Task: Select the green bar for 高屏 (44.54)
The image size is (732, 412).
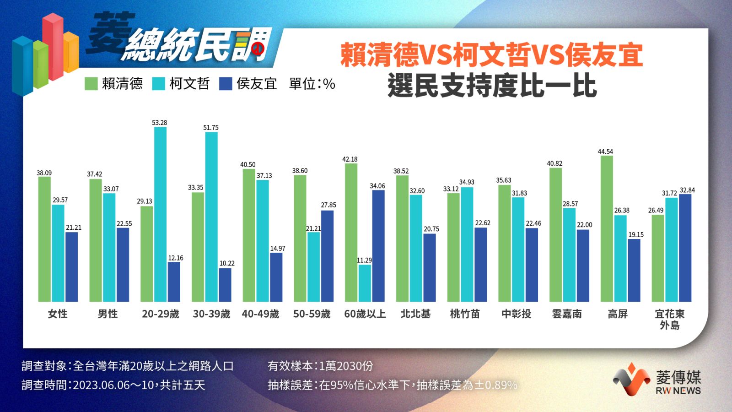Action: coord(607,229)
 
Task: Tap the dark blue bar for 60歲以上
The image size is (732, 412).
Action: coord(378,246)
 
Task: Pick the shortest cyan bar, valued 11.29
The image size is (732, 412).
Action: coord(365,283)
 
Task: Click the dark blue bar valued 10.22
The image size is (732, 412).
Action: coord(225,285)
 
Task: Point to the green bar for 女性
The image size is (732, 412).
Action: coord(44,239)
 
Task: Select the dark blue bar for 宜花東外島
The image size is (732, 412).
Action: coord(685,248)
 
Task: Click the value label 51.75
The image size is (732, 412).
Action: coord(211,128)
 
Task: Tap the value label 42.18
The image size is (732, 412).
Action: coord(350,159)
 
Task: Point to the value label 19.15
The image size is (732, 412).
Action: coord(636,235)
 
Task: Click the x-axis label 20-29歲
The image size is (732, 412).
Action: coord(160,314)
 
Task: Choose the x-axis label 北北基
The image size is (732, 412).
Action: coord(415,314)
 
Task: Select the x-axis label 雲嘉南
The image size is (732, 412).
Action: coord(567,314)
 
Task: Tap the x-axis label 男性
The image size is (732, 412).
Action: coord(108,314)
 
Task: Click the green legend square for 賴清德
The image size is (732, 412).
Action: coord(91,84)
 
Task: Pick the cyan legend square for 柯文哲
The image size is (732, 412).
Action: coord(158,84)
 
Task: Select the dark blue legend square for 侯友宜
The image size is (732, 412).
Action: coord(226,84)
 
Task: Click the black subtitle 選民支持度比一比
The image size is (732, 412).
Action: coord(492,86)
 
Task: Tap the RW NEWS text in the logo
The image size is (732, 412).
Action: coord(678,390)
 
